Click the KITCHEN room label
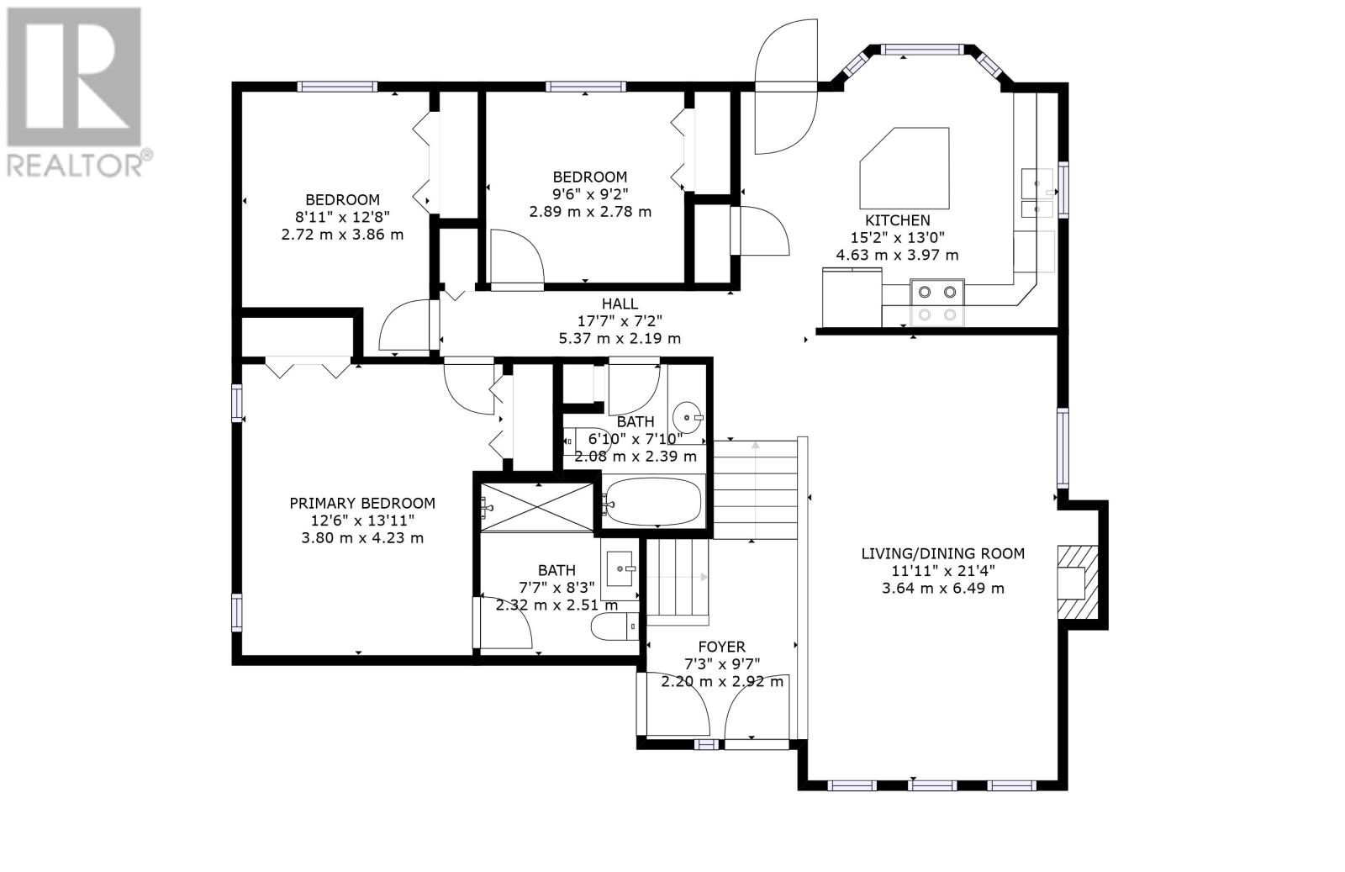click(x=897, y=220)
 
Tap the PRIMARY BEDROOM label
click(x=362, y=503)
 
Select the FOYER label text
click(x=722, y=647)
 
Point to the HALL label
click(x=620, y=304)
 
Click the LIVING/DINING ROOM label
click(x=942, y=553)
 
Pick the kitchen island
click(x=905, y=168)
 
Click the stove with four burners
click(x=937, y=302)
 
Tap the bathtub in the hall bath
click(x=653, y=501)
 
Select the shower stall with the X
click(x=537, y=507)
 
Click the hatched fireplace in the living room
click(x=1078, y=583)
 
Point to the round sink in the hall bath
click(x=687, y=417)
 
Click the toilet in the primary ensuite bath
click(x=614, y=627)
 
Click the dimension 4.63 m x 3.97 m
click(x=897, y=255)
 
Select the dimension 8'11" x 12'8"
click(x=342, y=217)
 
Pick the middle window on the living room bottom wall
click(x=932, y=785)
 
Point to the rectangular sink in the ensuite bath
click(x=620, y=568)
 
